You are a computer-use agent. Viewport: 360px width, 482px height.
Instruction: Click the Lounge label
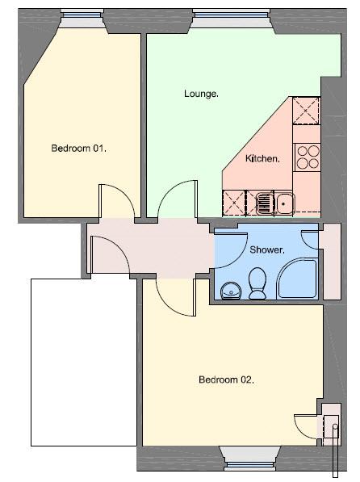click(x=201, y=94)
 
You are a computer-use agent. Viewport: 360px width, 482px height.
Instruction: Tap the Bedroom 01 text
click(x=79, y=149)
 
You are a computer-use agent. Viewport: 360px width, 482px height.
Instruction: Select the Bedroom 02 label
click(x=227, y=379)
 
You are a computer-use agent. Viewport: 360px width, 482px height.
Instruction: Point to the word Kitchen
click(x=262, y=158)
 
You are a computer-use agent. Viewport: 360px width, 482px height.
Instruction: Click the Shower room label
click(x=267, y=249)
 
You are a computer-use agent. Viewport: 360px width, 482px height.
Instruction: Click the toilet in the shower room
click(x=257, y=283)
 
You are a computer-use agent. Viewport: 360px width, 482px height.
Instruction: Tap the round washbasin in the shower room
click(x=232, y=291)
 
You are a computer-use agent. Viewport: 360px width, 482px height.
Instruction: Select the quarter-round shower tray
click(x=297, y=279)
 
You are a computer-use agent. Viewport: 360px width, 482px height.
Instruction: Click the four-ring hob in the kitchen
click(x=308, y=157)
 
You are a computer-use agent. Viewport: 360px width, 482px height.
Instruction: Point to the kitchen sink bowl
click(x=284, y=203)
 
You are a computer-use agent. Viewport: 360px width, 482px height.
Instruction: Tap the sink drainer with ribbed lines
click(x=266, y=203)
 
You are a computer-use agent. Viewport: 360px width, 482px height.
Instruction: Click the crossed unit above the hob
click(x=306, y=111)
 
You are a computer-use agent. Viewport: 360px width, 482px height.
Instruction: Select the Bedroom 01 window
click(x=82, y=15)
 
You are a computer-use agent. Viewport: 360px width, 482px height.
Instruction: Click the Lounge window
click(x=231, y=15)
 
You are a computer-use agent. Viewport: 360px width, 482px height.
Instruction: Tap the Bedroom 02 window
click(x=249, y=466)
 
